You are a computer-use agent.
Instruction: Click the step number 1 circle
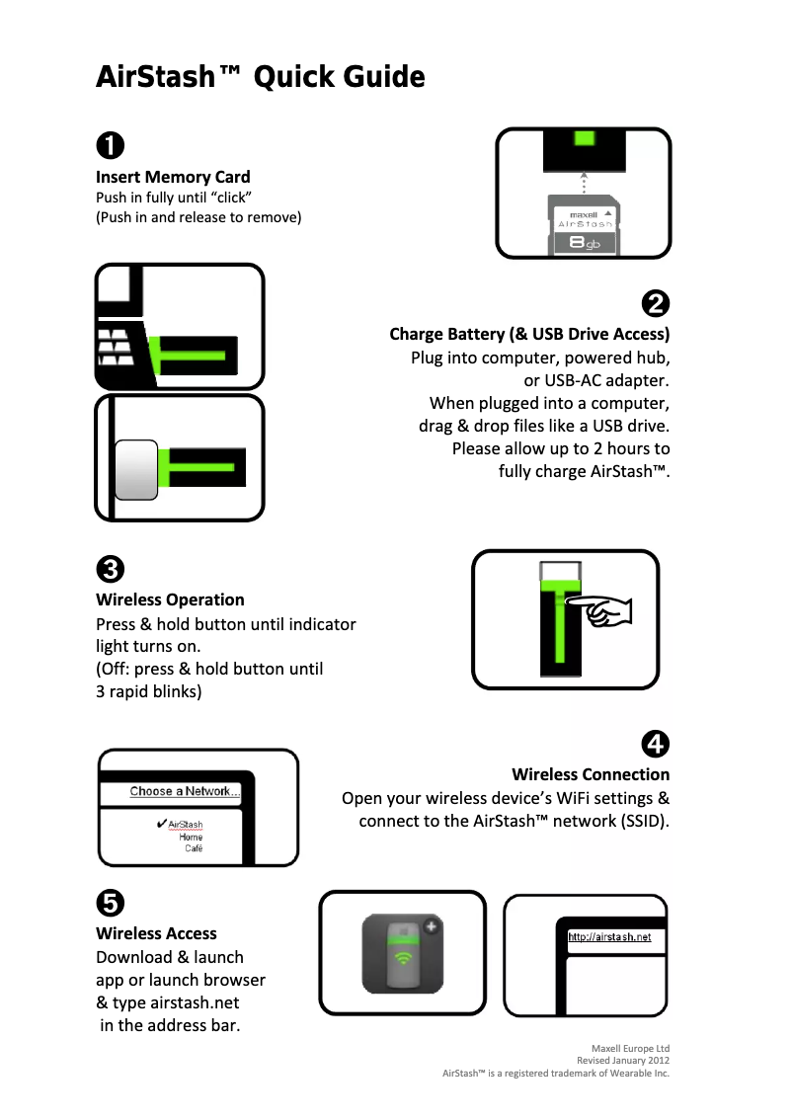click(110, 145)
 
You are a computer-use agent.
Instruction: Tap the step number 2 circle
click(656, 303)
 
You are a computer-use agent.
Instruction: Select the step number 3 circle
click(110, 570)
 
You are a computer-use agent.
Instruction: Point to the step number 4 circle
click(656, 743)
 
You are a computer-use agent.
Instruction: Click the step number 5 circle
click(110, 902)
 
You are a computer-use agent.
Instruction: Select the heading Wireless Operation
click(170, 600)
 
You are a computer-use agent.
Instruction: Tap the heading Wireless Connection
click(591, 774)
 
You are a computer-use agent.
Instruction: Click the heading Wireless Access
click(156, 933)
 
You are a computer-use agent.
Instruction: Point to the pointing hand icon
click(604, 613)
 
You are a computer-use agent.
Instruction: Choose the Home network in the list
click(191, 837)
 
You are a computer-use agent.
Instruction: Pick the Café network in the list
click(194, 848)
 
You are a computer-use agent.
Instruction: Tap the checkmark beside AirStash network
click(161, 824)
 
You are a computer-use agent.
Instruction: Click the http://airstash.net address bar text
click(609, 937)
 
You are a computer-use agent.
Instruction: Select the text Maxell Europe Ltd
click(630, 1048)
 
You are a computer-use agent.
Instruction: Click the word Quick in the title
click(293, 77)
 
